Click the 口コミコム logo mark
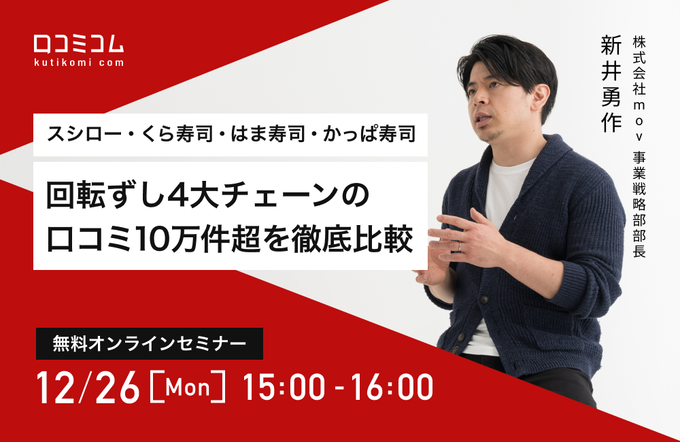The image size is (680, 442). coord(79,43)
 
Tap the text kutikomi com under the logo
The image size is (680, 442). coord(79,63)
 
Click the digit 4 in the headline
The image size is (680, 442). coord(178,196)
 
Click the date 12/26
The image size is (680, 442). coord(88,388)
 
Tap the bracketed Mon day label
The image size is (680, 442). coord(186,388)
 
